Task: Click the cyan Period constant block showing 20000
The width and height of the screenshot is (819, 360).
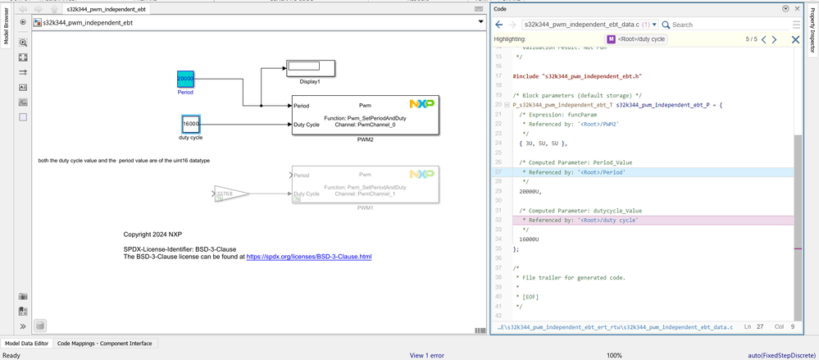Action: click(x=185, y=79)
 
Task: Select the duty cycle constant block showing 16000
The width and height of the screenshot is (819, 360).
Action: click(x=190, y=124)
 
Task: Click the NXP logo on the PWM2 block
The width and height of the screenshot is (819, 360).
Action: click(x=421, y=104)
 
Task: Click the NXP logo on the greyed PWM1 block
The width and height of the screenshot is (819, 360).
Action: click(x=421, y=175)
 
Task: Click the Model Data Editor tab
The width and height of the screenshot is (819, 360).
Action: click(x=26, y=344)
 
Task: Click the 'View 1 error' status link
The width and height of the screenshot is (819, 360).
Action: click(x=426, y=355)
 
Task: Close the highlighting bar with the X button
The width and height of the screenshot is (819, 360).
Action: click(x=795, y=39)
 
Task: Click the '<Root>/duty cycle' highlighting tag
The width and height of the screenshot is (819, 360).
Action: click(x=636, y=39)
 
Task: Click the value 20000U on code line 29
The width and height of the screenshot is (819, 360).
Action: click(x=530, y=190)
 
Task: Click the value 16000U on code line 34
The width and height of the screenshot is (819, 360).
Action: click(x=530, y=239)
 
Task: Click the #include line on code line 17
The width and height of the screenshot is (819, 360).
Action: click(x=577, y=76)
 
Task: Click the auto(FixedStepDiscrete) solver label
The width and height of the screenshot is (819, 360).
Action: click(x=782, y=355)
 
